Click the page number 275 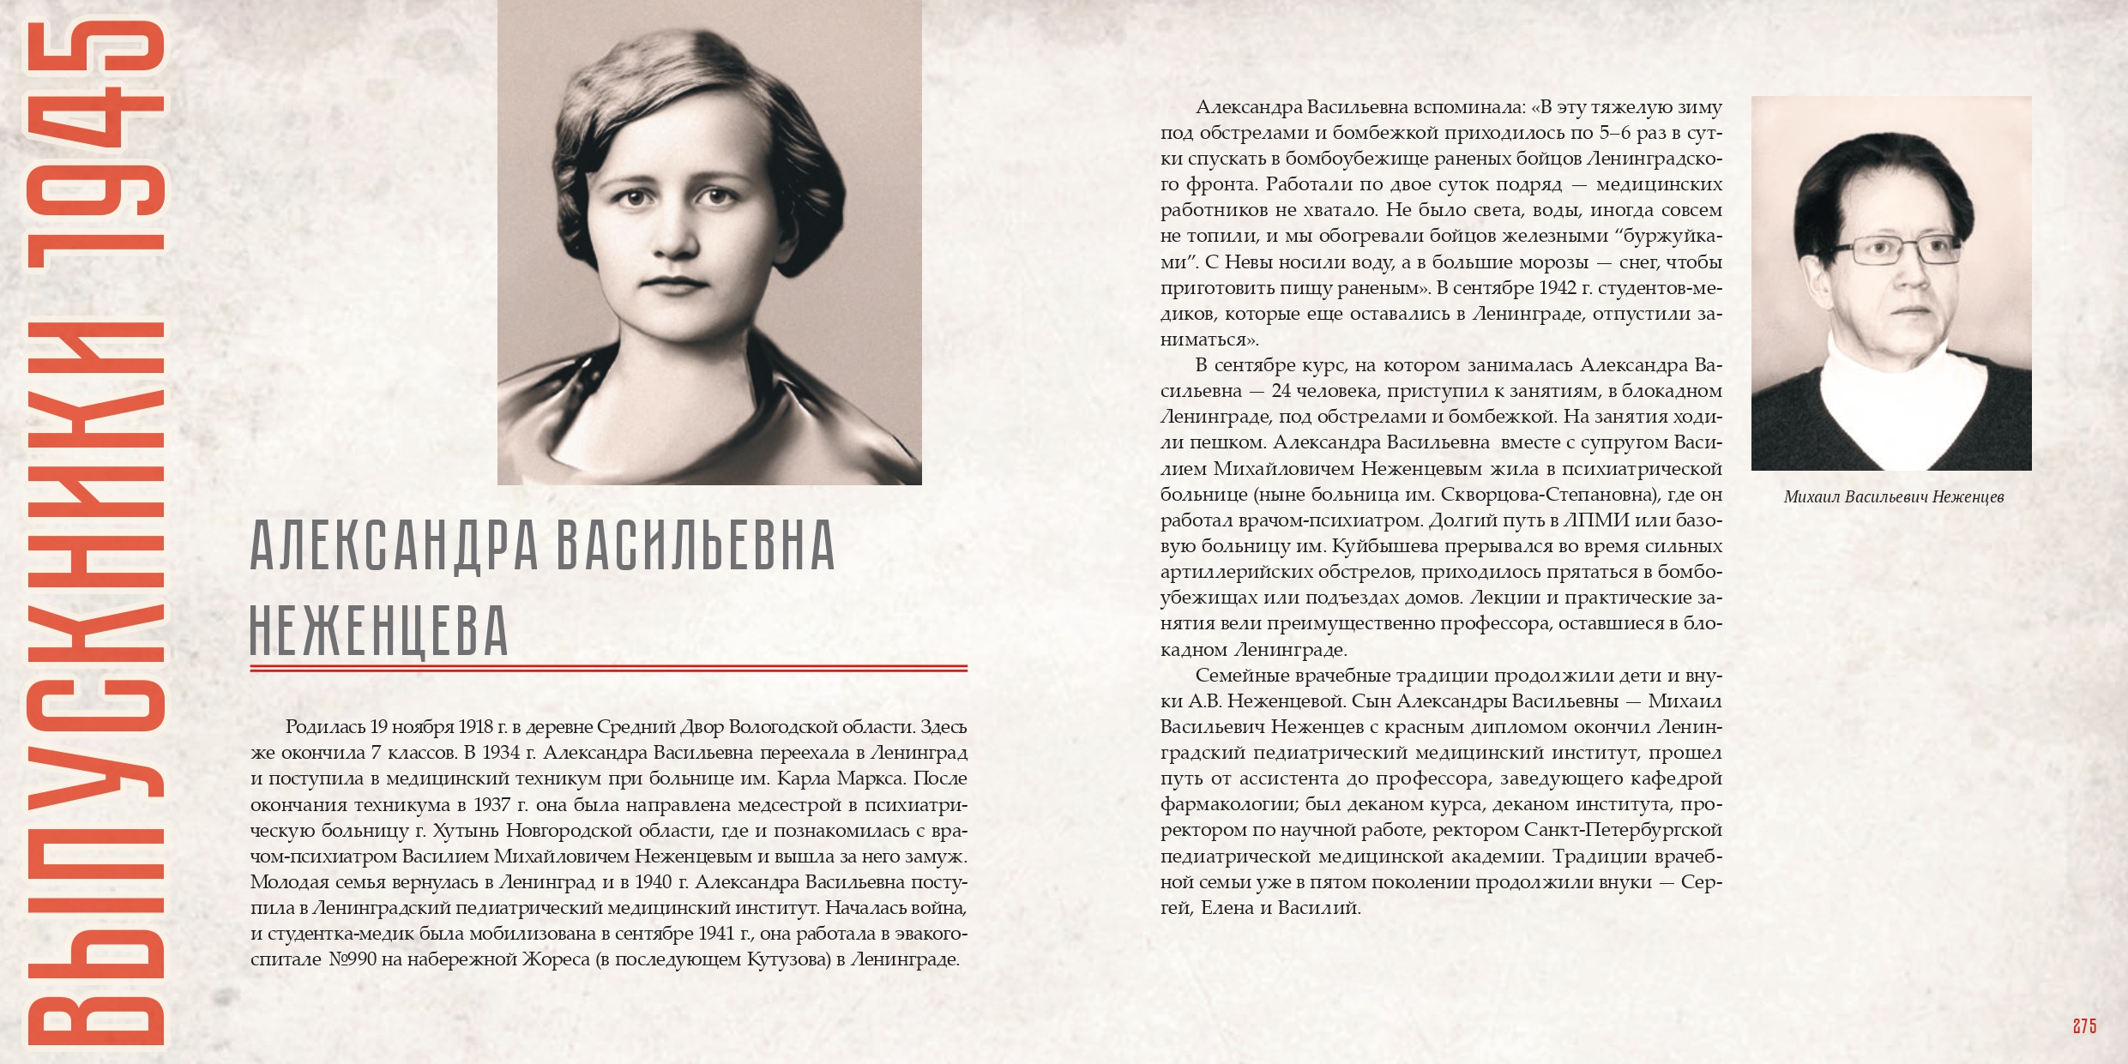tap(2084, 1026)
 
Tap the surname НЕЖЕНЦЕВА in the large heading tap(379, 631)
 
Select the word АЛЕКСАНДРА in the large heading tap(395, 545)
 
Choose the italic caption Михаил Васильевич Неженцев tap(1893, 497)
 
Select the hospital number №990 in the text tap(353, 959)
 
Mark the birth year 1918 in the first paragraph tap(476, 727)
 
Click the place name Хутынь tap(465, 831)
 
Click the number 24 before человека tap(1281, 391)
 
